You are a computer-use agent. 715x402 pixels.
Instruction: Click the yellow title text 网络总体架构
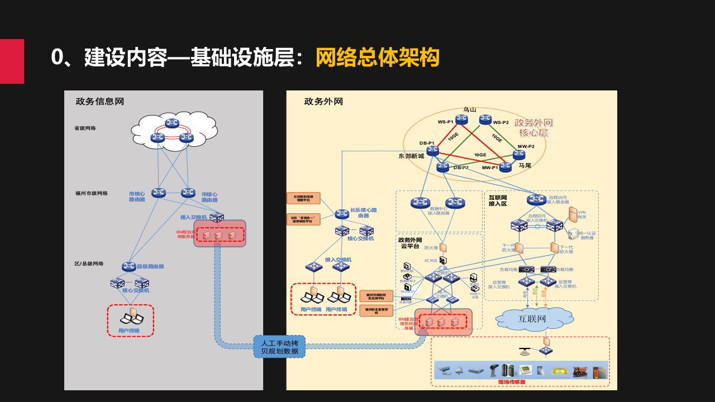coord(378,58)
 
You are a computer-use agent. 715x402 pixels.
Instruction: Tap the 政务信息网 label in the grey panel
coord(100,102)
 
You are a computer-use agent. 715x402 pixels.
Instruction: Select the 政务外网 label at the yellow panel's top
coord(323,102)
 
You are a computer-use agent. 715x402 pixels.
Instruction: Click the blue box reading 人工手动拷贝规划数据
coord(279,347)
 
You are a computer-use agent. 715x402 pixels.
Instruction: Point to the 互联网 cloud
coord(531,319)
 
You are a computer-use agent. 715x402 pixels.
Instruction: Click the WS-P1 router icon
coord(461,119)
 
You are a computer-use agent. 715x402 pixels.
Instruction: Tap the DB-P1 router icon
coord(432,151)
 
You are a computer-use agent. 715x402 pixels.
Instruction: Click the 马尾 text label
coord(525,166)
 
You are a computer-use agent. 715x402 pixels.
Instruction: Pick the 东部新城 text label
coord(411,156)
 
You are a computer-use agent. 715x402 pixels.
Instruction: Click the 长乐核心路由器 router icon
coord(342,214)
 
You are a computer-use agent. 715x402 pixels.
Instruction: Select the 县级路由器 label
coord(150,267)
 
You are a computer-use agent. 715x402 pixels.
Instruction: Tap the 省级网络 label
coord(85,128)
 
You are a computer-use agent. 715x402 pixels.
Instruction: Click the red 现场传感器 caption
coord(512,382)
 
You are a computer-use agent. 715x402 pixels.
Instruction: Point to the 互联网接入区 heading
coord(498,200)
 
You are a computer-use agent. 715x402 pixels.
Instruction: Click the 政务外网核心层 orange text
coord(533,127)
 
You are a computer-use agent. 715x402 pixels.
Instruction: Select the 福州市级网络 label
coord(92,194)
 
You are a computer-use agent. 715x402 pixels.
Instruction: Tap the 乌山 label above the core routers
coord(469,110)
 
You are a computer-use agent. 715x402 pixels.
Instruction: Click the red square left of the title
coord(12,61)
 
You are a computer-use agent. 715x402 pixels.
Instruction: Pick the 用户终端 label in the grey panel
coord(128,331)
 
